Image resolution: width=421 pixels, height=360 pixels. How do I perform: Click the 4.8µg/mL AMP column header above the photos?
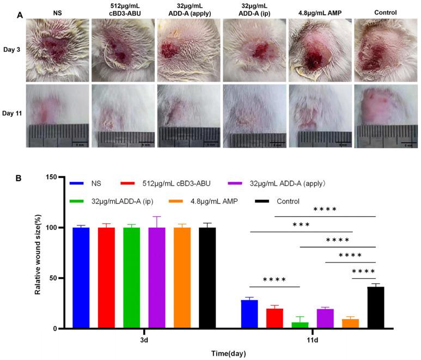[x=319, y=12]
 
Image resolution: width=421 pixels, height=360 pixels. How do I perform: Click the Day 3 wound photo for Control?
[x=386, y=48]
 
